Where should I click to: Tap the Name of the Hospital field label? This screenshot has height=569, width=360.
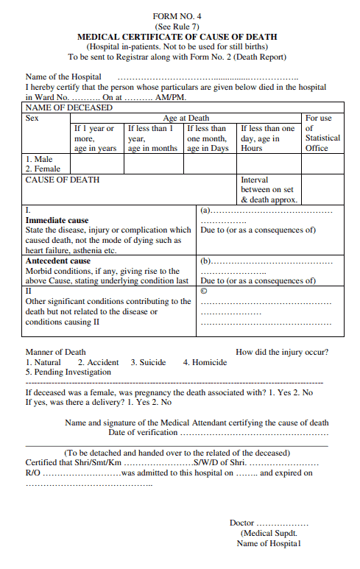click(58, 77)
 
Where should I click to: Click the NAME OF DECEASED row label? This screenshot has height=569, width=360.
click(69, 107)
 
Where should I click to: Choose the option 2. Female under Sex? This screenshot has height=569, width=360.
click(43, 169)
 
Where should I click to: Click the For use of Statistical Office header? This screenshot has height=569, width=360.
click(322, 132)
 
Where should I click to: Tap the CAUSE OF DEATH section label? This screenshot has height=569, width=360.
click(63, 180)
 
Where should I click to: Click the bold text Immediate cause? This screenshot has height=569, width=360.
click(57, 220)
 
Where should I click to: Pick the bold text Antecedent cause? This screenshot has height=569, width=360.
click(58, 261)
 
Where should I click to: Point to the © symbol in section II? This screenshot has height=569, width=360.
click(204, 291)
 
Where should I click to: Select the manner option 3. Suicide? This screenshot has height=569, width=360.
click(148, 362)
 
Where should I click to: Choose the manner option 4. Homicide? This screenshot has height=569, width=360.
click(205, 362)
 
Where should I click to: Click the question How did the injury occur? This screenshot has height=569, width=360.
click(282, 352)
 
